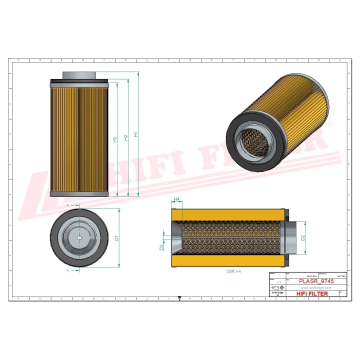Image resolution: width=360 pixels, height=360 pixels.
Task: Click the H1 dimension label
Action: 136,134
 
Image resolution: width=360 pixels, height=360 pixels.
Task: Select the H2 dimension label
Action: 126,136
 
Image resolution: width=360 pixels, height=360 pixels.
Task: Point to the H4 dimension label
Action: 176,199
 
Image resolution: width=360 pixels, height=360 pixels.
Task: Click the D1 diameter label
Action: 116,238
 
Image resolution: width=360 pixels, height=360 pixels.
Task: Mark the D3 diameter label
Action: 161,247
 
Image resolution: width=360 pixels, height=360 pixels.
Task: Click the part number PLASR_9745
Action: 316,281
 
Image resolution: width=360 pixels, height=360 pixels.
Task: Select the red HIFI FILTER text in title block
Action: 312,293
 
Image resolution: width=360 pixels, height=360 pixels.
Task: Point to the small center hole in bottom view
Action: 79,237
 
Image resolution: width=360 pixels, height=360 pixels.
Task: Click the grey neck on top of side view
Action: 79,75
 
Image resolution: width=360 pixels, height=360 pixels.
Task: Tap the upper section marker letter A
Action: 67,205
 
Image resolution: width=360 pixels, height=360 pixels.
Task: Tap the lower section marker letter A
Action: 67,270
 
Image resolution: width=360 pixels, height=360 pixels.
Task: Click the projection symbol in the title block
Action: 275,288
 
